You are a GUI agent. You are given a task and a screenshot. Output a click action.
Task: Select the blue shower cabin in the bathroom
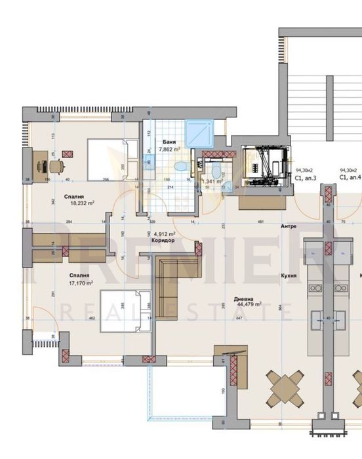click(x=197, y=134)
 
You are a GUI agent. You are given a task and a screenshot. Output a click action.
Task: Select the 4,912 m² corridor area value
click(x=164, y=233)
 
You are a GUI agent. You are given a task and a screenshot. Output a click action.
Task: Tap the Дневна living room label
click(x=249, y=297)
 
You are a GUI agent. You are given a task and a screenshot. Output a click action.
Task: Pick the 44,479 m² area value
click(x=249, y=304)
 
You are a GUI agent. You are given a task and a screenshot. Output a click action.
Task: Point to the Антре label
click(x=289, y=226)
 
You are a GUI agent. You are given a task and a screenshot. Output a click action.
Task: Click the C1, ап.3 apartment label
click(x=307, y=178)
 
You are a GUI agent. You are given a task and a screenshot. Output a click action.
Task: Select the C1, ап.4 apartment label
click(x=350, y=178)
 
